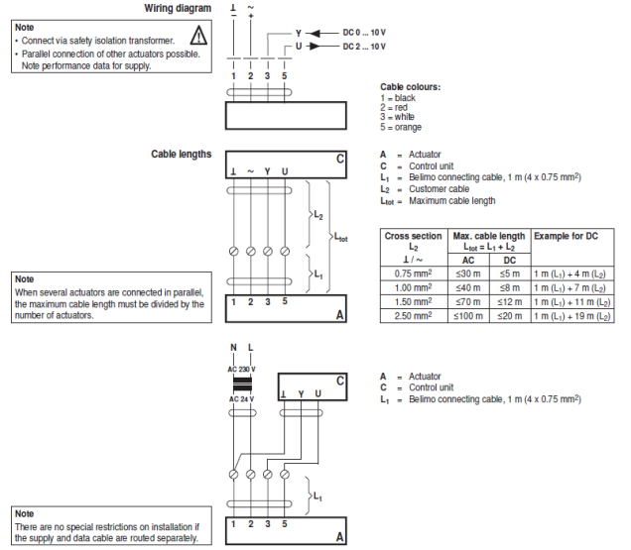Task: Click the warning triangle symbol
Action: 198,37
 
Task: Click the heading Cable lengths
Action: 181,155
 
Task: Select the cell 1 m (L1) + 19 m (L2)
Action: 571,315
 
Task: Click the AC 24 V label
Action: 241,398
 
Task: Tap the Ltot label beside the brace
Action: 341,238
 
